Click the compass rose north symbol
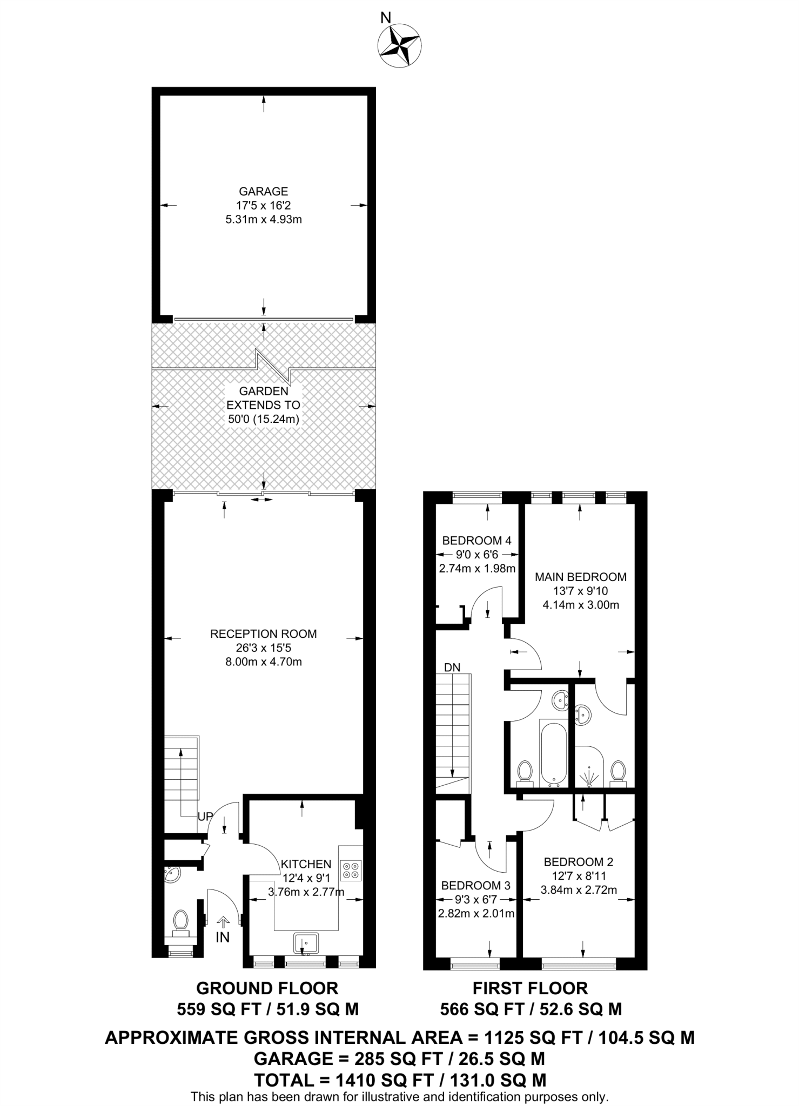[400, 45]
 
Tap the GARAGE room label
[263, 191]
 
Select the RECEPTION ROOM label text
[263, 633]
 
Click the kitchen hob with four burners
[351, 871]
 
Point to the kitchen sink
[306, 942]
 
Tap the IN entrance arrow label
[223, 937]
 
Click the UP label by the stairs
[205, 817]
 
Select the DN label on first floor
[452, 667]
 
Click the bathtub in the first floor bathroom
[553, 753]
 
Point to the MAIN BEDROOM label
[580, 577]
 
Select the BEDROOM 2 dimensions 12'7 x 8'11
[579, 876]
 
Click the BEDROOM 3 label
[475, 886]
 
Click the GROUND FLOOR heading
[267, 988]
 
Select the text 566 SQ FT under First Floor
[482, 1009]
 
